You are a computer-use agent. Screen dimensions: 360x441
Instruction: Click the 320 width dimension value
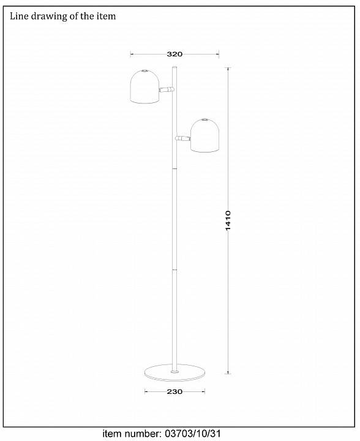pyautogui.click(x=174, y=54)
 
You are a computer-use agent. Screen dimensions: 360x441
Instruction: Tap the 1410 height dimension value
pyautogui.click(x=228, y=221)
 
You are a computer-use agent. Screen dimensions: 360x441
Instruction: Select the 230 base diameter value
pyautogui.click(x=174, y=391)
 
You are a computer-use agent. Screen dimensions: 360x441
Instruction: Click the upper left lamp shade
pyautogui.click(x=145, y=86)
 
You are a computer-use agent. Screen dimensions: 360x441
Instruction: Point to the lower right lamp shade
pyautogui.click(x=206, y=135)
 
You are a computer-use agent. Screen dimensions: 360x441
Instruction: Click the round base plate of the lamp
pyautogui.click(x=174, y=372)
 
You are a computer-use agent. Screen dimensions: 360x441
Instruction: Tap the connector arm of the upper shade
pyautogui.click(x=167, y=89)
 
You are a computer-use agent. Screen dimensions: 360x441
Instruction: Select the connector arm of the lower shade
pyautogui.click(x=182, y=138)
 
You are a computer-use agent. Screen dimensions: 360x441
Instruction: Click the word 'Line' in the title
pyautogui.click(x=19, y=16)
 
